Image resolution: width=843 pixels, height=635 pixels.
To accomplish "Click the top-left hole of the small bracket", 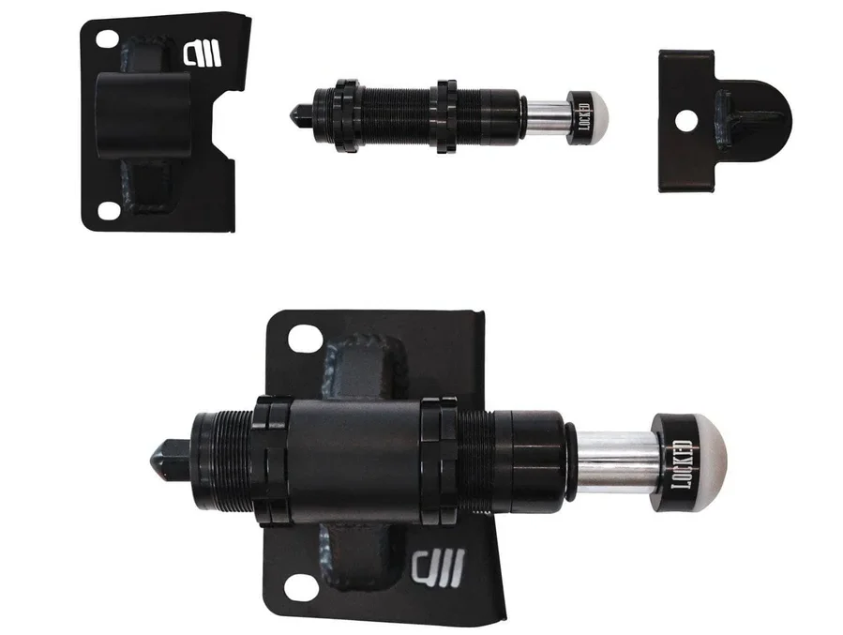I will click(x=108, y=39).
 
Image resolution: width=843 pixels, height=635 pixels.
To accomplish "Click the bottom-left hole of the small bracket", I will click(x=109, y=211).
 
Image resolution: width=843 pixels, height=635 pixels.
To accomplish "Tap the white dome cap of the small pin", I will click(x=595, y=118).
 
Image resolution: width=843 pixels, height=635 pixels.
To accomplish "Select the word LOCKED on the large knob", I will click(x=680, y=460).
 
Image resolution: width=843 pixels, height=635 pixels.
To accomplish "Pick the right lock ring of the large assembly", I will click(x=438, y=460).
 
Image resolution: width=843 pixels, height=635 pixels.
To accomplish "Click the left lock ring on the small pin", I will click(x=343, y=116).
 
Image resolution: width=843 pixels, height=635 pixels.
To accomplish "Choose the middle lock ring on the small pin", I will click(x=443, y=114).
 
